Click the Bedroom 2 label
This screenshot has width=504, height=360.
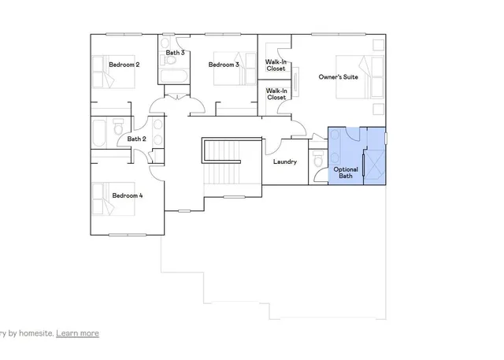coord(124,65)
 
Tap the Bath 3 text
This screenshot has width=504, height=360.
coord(175,53)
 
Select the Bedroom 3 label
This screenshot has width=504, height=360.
coord(223,65)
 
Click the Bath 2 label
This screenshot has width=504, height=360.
coord(136,139)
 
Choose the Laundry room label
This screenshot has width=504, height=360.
coord(284,162)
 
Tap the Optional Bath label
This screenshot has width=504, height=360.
coord(346,173)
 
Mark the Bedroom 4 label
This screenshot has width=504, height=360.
coord(127,195)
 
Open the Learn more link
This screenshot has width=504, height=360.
coord(77,333)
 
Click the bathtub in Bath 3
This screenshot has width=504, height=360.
coord(172,76)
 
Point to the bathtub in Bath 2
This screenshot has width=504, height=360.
coord(100,133)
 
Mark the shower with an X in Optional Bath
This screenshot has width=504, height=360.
coord(376,166)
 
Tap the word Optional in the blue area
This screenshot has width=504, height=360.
coord(346,169)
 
